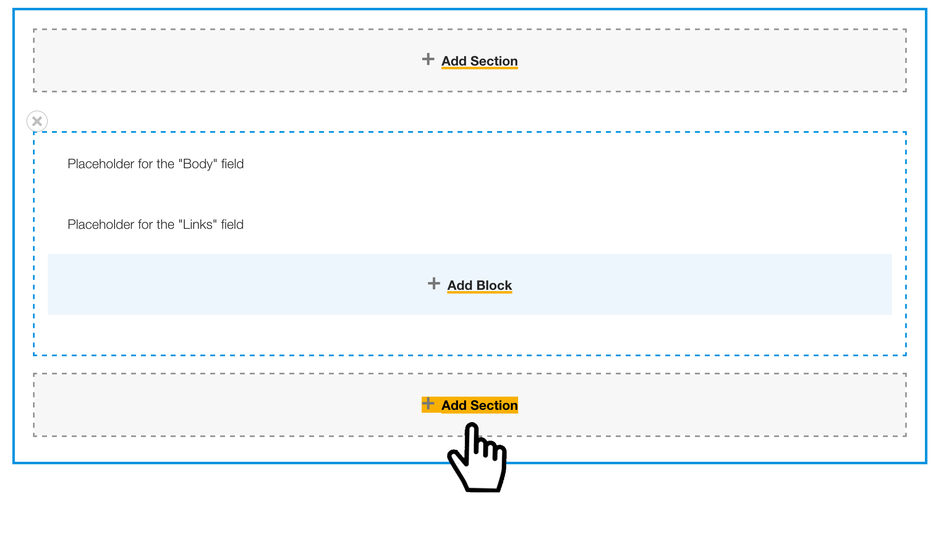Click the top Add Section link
(479, 61)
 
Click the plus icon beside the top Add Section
(428, 59)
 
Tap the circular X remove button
(37, 121)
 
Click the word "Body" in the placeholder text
(197, 164)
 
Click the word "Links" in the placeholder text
(197, 225)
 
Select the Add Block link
(480, 285)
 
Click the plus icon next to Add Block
(434, 283)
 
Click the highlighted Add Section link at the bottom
(479, 405)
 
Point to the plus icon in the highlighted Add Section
(428, 403)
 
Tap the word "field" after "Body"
(232, 164)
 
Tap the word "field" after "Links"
(232, 225)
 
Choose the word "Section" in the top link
(494, 61)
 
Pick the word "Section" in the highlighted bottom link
(494, 405)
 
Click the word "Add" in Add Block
(460, 285)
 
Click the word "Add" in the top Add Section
(454, 61)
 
